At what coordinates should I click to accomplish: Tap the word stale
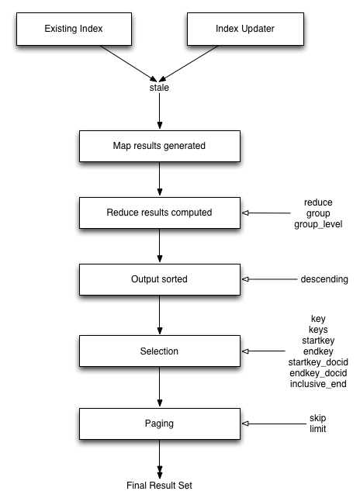159,88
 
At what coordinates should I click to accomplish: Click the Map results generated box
159,144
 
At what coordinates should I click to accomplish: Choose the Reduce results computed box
159,211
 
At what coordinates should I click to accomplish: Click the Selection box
159,351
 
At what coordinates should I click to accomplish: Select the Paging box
159,424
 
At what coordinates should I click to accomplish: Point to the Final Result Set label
159,486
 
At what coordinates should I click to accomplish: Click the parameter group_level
318,224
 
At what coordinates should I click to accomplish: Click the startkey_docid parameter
318,362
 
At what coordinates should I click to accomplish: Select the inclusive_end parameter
318,384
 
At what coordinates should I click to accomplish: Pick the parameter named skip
318,418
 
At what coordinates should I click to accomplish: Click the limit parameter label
318,429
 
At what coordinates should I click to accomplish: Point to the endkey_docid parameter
318,373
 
